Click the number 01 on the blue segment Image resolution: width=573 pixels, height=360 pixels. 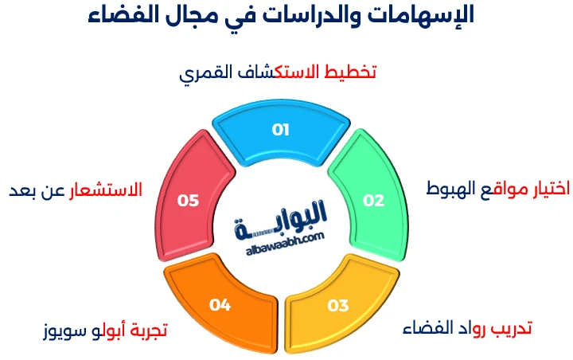[x=280, y=130]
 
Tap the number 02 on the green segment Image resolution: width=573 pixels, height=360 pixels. [x=373, y=200]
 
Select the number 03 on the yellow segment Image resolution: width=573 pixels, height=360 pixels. [x=338, y=305]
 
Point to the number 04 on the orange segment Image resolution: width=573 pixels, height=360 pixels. [x=220, y=305]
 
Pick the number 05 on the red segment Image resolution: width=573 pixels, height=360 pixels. [x=188, y=200]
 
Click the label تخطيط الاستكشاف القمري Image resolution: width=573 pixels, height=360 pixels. [x=277, y=72]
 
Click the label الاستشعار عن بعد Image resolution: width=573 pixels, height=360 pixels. [x=76, y=190]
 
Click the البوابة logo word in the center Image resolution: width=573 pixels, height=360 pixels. [x=282, y=216]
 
